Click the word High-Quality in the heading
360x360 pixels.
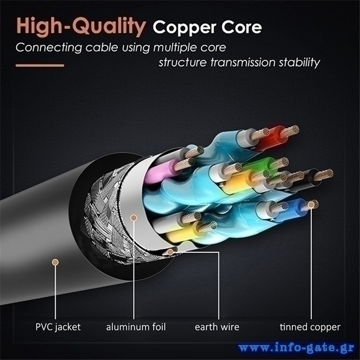point(81,27)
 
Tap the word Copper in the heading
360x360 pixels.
point(184,28)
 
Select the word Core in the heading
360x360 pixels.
point(241,27)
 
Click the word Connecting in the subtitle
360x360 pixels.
point(49,48)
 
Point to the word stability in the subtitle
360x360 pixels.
point(299,62)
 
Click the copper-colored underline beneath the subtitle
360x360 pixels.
point(40,66)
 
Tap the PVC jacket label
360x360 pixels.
point(58,327)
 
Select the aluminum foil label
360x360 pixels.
point(135,326)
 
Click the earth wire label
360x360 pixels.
point(217,327)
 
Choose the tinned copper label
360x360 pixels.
point(310,327)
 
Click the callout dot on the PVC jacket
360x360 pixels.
point(55,262)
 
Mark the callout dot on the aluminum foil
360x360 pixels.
point(134,218)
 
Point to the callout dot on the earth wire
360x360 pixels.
point(170,252)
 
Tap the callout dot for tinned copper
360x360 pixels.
point(311,205)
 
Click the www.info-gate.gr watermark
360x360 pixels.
point(296,348)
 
